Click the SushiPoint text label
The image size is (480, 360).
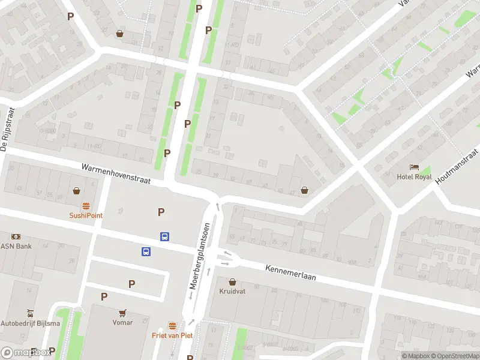[x=86, y=215]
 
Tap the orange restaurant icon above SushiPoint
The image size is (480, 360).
[x=86, y=205]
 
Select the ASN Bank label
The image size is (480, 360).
[x=16, y=246]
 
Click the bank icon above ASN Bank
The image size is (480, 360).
[x=16, y=236]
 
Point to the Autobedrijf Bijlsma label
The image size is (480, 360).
[x=30, y=323]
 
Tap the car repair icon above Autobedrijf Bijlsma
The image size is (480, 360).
[x=30, y=313]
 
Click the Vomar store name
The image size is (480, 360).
[x=122, y=322]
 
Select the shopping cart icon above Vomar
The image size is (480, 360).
[x=122, y=313]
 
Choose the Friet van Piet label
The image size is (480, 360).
[x=173, y=335]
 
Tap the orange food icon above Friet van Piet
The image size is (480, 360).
[x=173, y=326]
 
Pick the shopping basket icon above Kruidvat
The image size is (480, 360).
[x=233, y=281]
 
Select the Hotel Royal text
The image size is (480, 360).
[x=414, y=176]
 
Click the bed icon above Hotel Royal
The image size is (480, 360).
[x=414, y=167]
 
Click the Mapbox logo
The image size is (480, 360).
[x=25, y=353]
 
